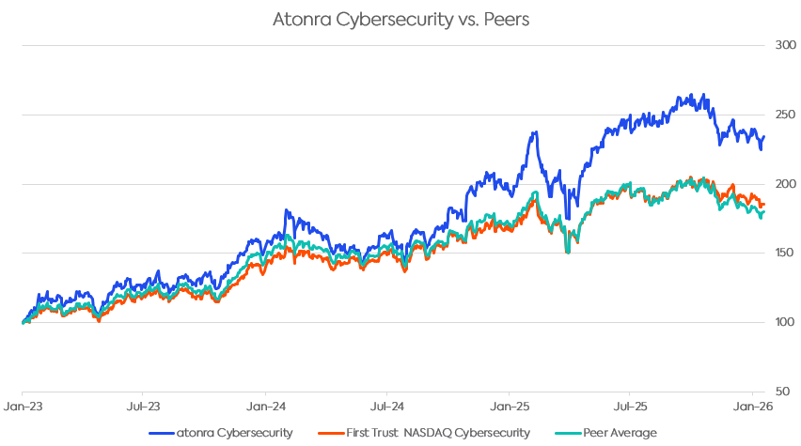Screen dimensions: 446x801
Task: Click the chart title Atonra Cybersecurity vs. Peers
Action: [400, 19]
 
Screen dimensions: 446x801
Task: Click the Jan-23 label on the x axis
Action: [22, 408]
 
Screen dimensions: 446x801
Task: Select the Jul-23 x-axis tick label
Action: [143, 408]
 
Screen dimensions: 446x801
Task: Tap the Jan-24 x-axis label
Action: [265, 408]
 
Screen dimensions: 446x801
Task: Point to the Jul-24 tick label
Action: [387, 408]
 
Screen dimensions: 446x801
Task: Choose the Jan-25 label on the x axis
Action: [509, 408]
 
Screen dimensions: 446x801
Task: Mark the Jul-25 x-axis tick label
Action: [630, 408]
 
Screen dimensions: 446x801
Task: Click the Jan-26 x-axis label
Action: [752, 408]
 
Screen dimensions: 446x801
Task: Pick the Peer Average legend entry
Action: [618, 432]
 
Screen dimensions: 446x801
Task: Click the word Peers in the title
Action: [507, 19]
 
